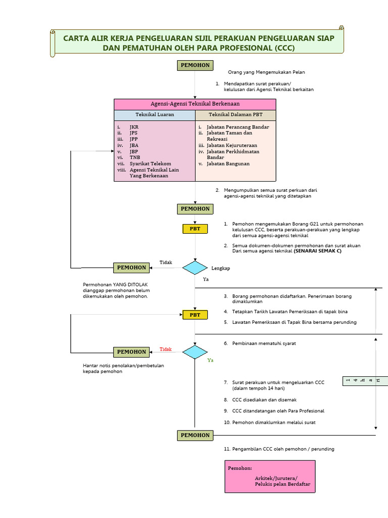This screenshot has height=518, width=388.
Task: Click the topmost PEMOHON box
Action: [x=195, y=65]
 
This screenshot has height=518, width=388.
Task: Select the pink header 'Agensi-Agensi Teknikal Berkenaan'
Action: [x=195, y=104]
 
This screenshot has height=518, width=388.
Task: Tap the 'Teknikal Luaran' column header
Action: [x=154, y=115]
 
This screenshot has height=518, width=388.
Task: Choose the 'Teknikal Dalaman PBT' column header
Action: [x=235, y=115]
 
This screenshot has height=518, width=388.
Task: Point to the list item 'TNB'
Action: [x=134, y=157]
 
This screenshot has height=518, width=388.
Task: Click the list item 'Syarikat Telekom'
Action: [x=150, y=164]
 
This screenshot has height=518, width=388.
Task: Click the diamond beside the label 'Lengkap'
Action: [x=195, y=268]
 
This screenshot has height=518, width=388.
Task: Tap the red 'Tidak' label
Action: [x=166, y=349]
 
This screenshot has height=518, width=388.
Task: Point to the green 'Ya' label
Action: [x=210, y=361]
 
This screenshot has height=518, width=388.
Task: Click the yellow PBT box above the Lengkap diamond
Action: [x=195, y=229]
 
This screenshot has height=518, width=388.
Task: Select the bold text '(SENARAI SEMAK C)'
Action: [x=314, y=251]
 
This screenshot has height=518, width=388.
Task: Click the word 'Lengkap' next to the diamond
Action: [x=220, y=268]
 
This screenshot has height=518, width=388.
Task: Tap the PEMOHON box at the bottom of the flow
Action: [x=195, y=435]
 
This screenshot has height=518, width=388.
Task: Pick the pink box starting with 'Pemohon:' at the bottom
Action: [x=270, y=477]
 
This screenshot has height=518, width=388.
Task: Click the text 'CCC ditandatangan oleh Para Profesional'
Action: [x=278, y=411]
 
